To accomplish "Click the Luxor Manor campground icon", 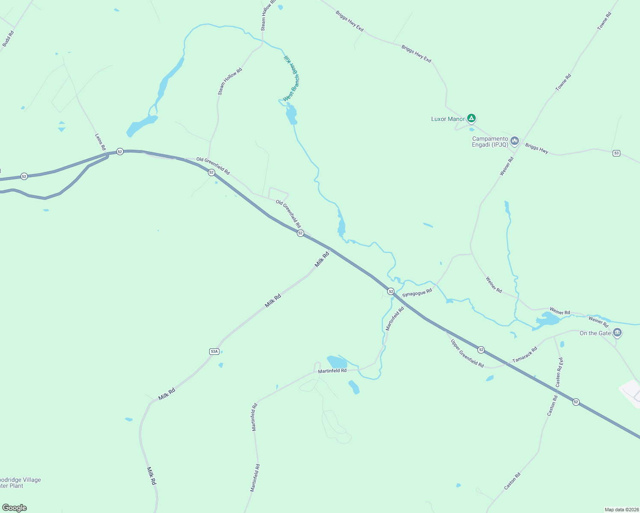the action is (x=471, y=118).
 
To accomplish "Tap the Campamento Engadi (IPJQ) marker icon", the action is (x=514, y=141).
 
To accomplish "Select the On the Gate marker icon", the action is (x=617, y=332).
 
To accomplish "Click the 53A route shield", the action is (x=214, y=351).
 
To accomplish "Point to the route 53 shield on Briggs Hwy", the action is (x=616, y=153).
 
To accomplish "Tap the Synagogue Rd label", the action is (x=417, y=293).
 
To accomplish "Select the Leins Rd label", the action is (x=100, y=142).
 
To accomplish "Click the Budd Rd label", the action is (x=8, y=38).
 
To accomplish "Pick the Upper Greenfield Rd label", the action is (x=467, y=354).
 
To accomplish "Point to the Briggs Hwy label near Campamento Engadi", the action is (x=536, y=148).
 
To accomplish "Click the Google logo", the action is (x=15, y=508).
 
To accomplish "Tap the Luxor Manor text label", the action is (x=447, y=119).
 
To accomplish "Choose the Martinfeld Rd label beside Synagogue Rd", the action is (x=395, y=318).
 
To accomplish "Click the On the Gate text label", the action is (x=595, y=333).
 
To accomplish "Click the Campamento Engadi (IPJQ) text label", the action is (x=490, y=142).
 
